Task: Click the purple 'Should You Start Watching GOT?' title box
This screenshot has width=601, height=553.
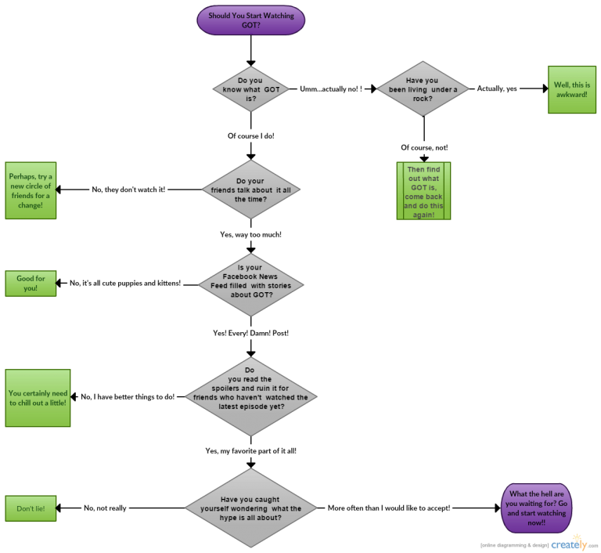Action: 250,20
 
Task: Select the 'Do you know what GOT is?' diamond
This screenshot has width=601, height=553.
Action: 250,89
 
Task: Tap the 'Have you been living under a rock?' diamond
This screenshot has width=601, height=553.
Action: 423,89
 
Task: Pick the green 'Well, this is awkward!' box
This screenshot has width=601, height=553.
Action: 572,89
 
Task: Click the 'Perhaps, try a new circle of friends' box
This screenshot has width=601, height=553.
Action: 31,190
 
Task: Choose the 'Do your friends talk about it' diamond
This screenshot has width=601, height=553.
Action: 250,190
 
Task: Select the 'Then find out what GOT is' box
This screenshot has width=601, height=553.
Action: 424,190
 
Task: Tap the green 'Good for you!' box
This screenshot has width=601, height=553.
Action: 31,283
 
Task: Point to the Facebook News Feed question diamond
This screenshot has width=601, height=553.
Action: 250,283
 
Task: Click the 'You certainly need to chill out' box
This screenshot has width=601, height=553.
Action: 38,398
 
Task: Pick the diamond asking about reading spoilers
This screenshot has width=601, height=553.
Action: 250,396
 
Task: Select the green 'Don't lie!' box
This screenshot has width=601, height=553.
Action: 31,508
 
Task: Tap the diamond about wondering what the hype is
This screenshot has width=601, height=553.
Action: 250,508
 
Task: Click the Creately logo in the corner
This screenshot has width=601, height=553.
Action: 570,543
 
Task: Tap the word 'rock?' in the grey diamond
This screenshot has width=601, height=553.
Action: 423,99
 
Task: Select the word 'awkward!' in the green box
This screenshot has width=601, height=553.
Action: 571,94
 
